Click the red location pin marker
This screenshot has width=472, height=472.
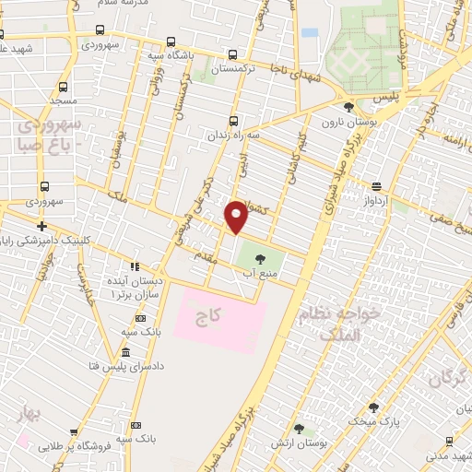point(237,218)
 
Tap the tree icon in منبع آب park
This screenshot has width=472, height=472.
point(259,258)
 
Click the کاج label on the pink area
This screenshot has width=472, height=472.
point(209,315)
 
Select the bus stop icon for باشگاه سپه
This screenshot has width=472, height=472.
point(171,41)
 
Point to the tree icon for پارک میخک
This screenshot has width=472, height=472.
point(372,407)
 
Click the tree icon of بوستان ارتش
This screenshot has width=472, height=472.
point(299,428)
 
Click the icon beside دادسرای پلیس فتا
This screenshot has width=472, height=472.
point(125,355)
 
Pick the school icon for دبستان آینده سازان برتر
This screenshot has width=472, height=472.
point(135,267)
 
